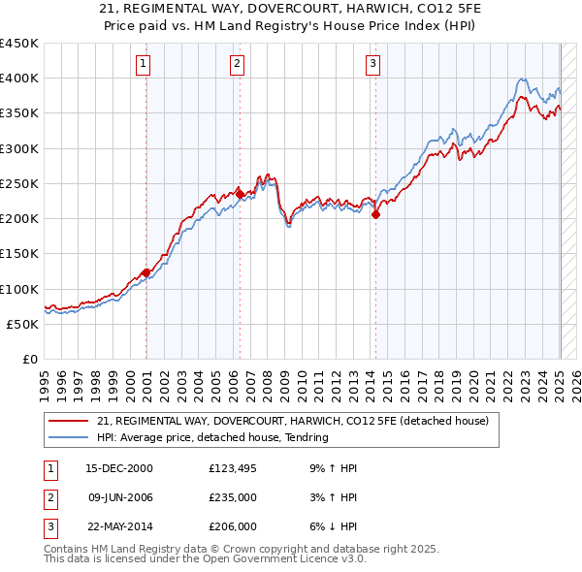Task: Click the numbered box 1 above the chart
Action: pos(143,65)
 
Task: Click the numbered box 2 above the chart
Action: pos(237,65)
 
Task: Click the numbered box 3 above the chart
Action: pos(373,65)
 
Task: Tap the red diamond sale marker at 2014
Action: pos(375,215)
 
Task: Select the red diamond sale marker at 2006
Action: pos(240,194)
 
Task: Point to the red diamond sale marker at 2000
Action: pos(146,272)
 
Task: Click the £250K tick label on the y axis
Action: pos(19,183)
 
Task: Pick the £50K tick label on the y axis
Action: pos(23,324)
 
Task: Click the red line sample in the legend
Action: pos(69,421)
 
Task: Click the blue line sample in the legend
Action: pos(69,437)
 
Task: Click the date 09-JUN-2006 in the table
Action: pos(119,497)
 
